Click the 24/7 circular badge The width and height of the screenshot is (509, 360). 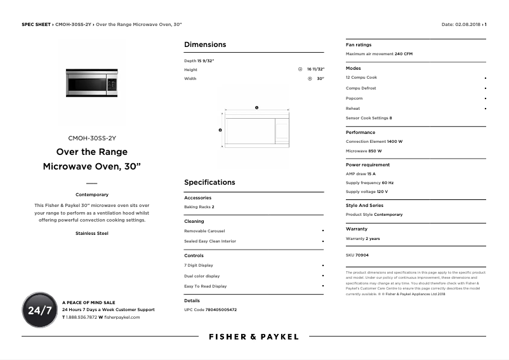(39, 310)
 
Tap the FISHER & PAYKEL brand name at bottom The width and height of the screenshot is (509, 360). (253, 337)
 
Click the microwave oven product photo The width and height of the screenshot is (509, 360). (92, 83)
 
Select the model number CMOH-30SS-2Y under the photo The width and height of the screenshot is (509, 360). (92, 138)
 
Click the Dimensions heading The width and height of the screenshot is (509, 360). (204, 44)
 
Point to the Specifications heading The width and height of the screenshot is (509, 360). (209, 182)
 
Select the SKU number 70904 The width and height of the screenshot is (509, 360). (362, 255)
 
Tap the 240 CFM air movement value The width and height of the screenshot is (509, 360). (404, 54)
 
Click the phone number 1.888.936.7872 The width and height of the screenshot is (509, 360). (81, 317)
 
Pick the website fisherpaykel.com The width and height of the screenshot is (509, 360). (122, 317)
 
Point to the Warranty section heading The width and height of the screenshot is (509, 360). (356, 229)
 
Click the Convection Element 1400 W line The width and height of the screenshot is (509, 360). (374, 142)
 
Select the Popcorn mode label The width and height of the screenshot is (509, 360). (354, 98)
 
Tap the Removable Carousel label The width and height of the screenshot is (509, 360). (204, 231)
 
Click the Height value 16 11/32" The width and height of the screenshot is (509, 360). (315, 69)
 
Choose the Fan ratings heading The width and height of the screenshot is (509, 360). (359, 45)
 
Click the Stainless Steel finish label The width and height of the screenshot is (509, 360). (92, 234)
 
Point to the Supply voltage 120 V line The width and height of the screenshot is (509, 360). (366, 192)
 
